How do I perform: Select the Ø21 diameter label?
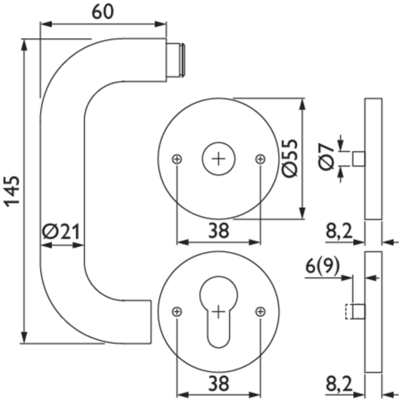[x=61, y=231]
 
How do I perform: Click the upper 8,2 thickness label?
[x=340, y=230]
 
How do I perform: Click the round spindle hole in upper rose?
[x=218, y=159]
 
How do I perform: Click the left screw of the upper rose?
[x=177, y=159]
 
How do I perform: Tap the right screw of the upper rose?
[x=259, y=159]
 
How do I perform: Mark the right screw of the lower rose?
[x=259, y=312]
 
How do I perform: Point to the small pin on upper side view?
[x=359, y=159]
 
